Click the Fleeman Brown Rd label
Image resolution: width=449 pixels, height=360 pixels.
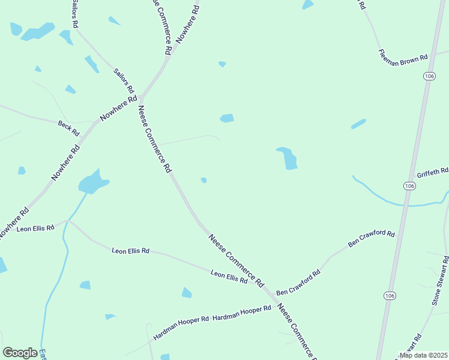coord(403,56)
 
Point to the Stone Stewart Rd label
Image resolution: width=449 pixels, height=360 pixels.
coord(440,281)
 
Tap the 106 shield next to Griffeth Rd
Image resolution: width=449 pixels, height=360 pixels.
coord(409,186)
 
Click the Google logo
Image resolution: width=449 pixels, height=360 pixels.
coord(20,353)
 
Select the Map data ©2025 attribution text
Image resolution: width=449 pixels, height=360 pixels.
coord(423,355)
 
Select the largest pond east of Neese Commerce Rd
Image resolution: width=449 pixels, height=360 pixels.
coord(288,158)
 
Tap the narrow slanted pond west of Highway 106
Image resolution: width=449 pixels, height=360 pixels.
coord(358,124)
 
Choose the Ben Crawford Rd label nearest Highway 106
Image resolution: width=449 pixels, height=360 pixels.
coord(372,238)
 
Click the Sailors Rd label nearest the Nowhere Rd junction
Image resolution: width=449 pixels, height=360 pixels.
coord(124,80)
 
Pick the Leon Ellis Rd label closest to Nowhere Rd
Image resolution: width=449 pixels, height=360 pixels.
coord(35,229)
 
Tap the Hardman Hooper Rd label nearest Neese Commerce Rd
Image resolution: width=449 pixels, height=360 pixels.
coord(242,313)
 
